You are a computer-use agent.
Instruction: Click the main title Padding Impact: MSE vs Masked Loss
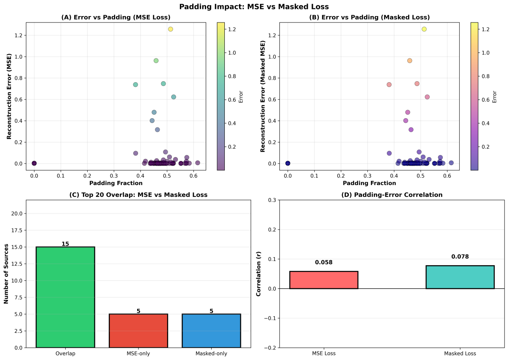point(254,7)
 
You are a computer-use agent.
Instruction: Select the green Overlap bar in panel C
point(65,297)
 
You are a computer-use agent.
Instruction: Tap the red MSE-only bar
point(138,331)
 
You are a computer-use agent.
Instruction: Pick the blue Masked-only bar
point(211,331)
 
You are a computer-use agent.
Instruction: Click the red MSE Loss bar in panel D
point(324,280)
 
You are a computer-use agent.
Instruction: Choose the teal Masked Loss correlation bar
point(460,277)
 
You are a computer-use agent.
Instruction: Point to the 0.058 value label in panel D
point(324,263)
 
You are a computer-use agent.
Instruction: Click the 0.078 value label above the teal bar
point(460,257)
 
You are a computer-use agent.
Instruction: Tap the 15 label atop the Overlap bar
point(65,244)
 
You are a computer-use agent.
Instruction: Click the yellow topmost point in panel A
point(171,29)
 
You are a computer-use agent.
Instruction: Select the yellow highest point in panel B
point(424,29)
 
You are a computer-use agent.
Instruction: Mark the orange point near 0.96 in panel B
point(409,61)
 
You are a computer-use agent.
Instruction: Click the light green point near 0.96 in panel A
point(156,61)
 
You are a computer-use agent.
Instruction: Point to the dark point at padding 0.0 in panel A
point(34,163)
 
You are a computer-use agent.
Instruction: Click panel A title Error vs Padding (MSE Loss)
point(116,17)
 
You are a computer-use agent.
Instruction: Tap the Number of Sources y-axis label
point(6,274)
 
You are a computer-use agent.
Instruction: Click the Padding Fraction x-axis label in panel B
point(369,183)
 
